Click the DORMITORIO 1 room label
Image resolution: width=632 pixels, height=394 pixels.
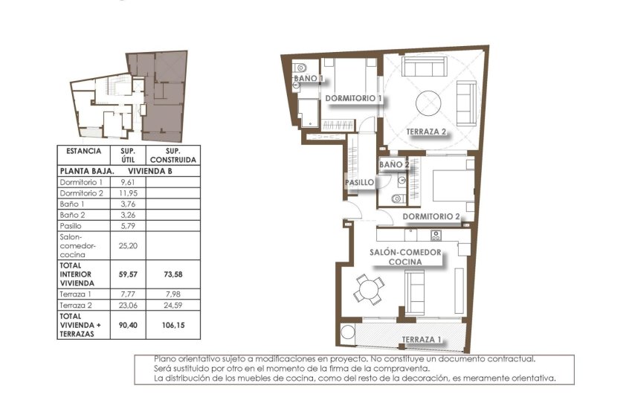pyautogui.click(x=353, y=98)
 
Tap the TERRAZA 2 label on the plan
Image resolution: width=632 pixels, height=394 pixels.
pyautogui.click(x=426, y=132)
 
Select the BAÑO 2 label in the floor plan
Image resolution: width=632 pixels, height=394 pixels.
pyautogui.click(x=394, y=164)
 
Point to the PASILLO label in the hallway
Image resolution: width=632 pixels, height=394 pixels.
pyautogui.click(x=358, y=182)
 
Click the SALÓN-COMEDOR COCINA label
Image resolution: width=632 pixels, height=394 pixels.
pyautogui.click(x=405, y=257)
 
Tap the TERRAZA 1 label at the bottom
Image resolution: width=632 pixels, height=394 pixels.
pyautogui.click(x=421, y=340)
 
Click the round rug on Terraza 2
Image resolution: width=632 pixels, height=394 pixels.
pyautogui.click(x=429, y=102)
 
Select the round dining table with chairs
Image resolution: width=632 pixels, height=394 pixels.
pyautogui.click(x=369, y=288)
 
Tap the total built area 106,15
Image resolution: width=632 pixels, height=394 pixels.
pyautogui.click(x=172, y=325)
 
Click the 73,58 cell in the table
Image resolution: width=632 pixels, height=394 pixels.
pyautogui.click(x=172, y=274)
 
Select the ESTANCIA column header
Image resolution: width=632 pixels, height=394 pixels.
pyautogui.click(x=83, y=151)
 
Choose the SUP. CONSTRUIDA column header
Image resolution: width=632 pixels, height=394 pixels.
pyautogui.click(x=172, y=155)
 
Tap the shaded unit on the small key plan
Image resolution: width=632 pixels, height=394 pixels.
pyautogui.click(x=164, y=97)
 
